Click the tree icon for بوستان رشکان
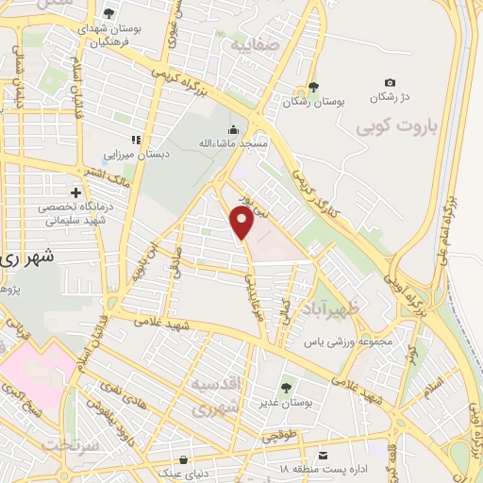point(314,87)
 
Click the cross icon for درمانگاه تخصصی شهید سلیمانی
point(75,192)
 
